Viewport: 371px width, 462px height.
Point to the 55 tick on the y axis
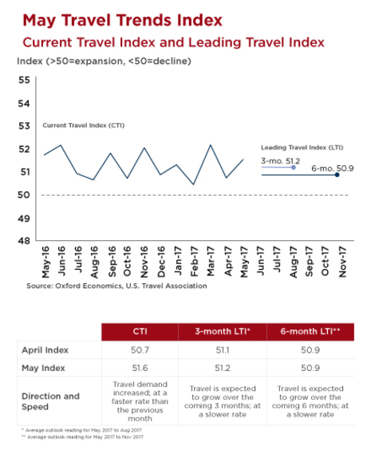click(x=23, y=81)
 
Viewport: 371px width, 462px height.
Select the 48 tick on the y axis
click(x=23, y=241)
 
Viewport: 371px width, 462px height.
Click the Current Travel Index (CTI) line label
click(x=84, y=125)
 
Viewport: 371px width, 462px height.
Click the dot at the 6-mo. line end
click(x=337, y=174)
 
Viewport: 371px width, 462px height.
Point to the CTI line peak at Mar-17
click(x=210, y=145)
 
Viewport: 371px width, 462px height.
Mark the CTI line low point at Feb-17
click(x=194, y=184)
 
